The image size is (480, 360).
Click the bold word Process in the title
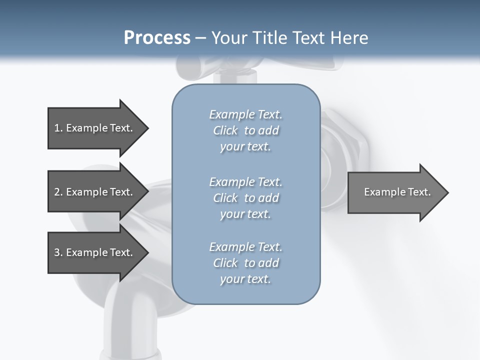(157, 38)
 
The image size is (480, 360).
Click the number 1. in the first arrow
(58, 128)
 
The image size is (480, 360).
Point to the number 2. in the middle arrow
(58, 192)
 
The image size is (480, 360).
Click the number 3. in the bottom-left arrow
(58, 252)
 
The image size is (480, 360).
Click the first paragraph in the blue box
(245, 130)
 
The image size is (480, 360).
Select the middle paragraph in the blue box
(245, 197)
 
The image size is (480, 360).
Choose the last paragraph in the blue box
(245, 263)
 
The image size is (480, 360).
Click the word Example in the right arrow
(381, 192)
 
